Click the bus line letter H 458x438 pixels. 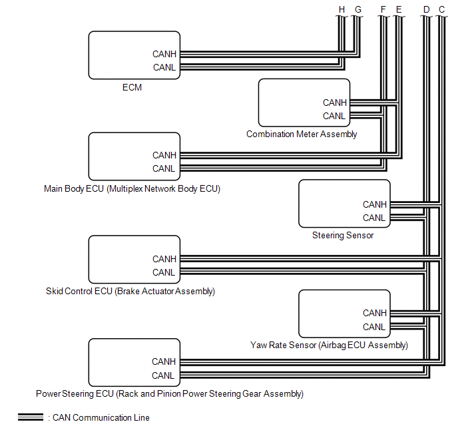coord(342,9)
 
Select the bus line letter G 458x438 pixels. coord(357,9)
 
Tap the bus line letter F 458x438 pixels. coord(383,9)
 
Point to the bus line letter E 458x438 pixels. coord(398,9)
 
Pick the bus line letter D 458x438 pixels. coord(426,9)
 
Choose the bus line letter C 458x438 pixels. coord(441,9)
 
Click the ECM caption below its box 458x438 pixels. coord(132,87)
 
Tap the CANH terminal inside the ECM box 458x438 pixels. coord(164,54)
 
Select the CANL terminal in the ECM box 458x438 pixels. coord(164,67)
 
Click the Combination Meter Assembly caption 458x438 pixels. coord(302,134)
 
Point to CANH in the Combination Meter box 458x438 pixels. coord(335,103)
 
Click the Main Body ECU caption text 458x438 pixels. coord(132,189)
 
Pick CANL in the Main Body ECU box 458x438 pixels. coord(164,168)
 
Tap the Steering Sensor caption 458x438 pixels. coord(343,235)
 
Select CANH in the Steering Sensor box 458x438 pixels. coord(374,204)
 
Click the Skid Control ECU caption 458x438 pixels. coord(130,292)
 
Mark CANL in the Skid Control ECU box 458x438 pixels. coord(164,272)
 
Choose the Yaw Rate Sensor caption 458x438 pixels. coord(329,345)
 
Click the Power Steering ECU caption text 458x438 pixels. coord(170,394)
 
